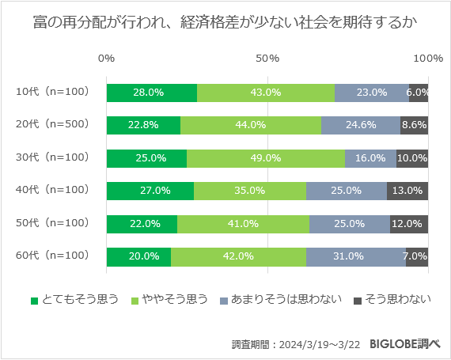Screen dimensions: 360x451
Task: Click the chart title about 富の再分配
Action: [225, 23]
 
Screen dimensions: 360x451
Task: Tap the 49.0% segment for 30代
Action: [265, 157]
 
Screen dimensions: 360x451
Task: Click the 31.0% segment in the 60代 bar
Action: [355, 256]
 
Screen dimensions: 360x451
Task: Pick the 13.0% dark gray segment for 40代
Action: [407, 191]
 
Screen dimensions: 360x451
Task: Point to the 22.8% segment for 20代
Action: [143, 125]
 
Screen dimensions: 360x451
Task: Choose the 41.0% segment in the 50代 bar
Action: [243, 224]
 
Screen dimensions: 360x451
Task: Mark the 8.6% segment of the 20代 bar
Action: [414, 125]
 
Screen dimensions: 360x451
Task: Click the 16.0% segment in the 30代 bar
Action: [370, 157]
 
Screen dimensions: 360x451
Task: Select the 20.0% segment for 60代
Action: [138, 256]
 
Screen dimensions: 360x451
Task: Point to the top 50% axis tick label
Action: [267, 59]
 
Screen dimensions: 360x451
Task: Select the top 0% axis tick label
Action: [106, 59]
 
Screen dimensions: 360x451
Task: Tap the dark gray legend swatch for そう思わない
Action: [357, 300]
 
